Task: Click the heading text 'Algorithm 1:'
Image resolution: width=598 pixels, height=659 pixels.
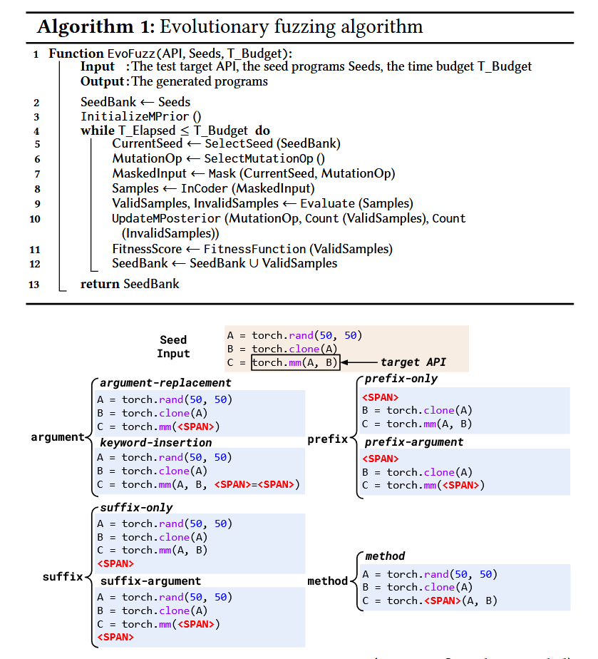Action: pyautogui.click(x=96, y=27)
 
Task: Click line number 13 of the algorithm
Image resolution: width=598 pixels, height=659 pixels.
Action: pyautogui.click(x=33, y=285)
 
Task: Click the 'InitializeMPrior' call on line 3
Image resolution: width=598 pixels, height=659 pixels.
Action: pyautogui.click(x=135, y=116)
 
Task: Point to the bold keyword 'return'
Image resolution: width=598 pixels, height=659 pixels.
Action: pyautogui.click(x=100, y=284)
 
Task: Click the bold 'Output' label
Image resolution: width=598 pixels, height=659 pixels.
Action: pyautogui.click(x=103, y=81)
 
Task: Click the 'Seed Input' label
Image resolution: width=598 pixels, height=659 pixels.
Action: pyautogui.click(x=173, y=347)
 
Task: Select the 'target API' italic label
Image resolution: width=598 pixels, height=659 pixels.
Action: pyautogui.click(x=413, y=362)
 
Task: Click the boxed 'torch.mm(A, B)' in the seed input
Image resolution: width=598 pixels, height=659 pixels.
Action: pyautogui.click(x=295, y=362)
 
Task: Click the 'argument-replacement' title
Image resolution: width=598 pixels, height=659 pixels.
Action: pyautogui.click(x=156, y=384)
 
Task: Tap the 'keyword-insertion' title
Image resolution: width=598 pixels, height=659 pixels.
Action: pyautogui.click(x=146, y=443)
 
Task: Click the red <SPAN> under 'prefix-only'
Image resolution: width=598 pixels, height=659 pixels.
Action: pyautogui.click(x=381, y=397)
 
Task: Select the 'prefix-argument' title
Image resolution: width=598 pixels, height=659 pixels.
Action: pyautogui.click(x=414, y=442)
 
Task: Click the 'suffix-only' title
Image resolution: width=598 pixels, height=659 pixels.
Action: pyautogui.click(x=136, y=508)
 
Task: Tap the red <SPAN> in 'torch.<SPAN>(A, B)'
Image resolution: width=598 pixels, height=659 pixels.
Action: pyautogui.click(x=442, y=601)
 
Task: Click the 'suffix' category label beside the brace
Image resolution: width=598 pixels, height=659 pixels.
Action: pyautogui.click(x=63, y=576)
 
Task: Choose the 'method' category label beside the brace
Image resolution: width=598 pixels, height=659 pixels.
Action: pyautogui.click(x=327, y=581)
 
